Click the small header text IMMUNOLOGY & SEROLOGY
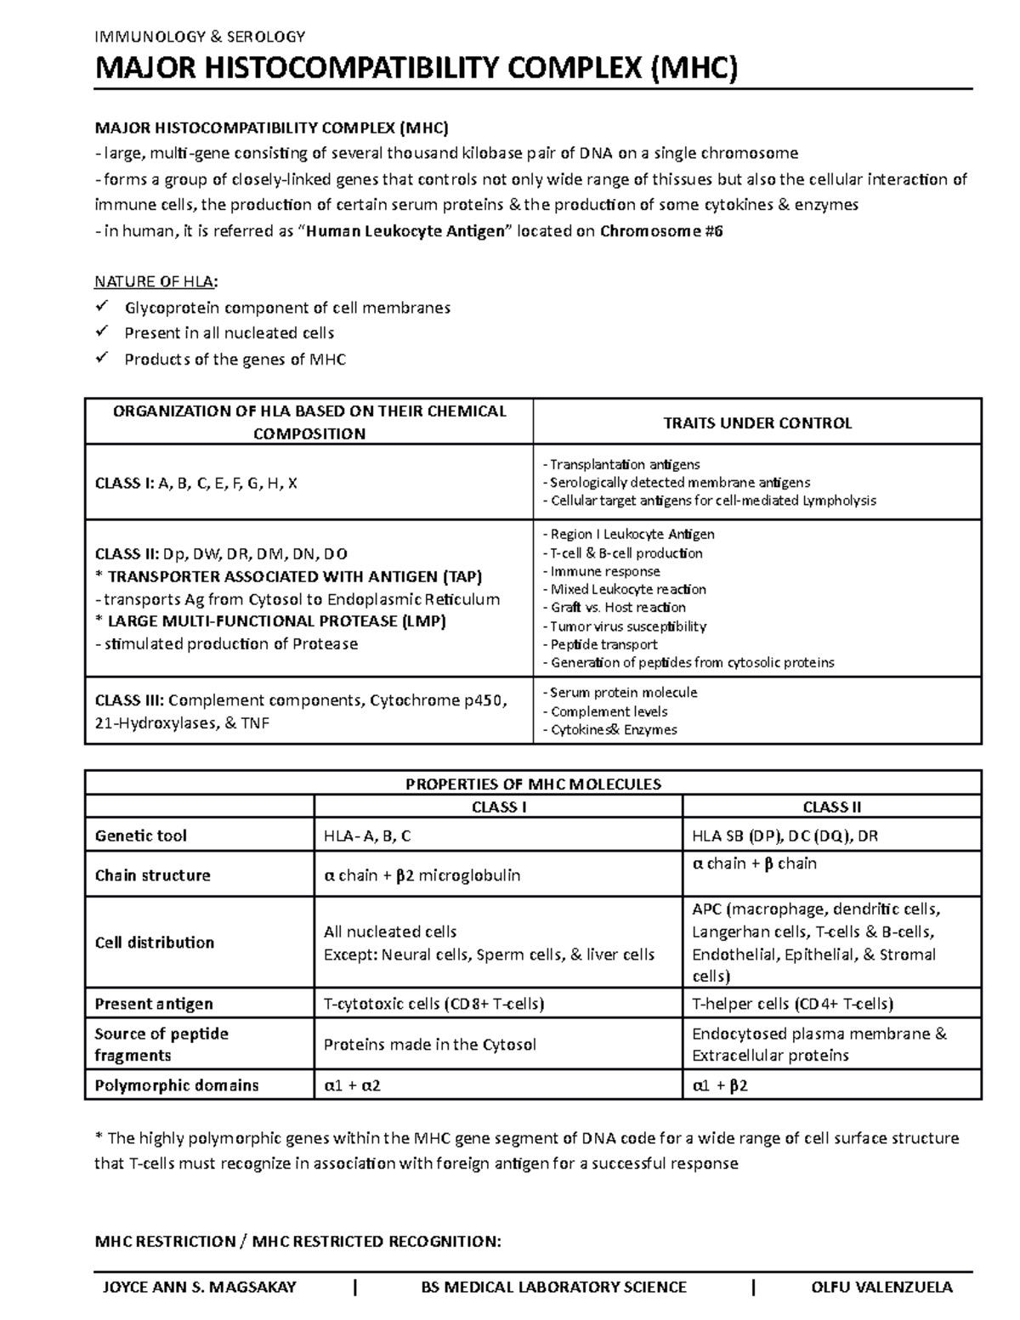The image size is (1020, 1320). point(200,37)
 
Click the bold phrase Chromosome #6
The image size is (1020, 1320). point(661,231)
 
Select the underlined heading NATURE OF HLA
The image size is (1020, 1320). point(156,282)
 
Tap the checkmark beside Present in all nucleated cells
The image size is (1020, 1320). point(103,332)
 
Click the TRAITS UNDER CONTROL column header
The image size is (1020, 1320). point(756,423)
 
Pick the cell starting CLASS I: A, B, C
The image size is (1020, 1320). point(196,483)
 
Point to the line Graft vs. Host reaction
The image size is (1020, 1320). point(618,608)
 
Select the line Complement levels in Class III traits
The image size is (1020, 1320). point(609,711)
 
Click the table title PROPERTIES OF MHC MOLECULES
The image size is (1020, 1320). point(533,784)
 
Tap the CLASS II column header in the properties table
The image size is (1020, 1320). point(832,807)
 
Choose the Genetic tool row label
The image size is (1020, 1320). point(141,836)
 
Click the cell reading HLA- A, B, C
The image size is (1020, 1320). point(367,836)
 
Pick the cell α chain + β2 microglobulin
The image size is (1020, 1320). point(422,875)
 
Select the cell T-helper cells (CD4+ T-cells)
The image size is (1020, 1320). point(792,1004)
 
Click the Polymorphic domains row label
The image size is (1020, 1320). point(177,1085)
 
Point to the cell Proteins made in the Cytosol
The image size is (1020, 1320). point(429,1045)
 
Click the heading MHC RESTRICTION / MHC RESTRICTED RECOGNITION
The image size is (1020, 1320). point(297,1242)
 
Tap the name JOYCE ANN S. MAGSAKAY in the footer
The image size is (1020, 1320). point(199,1287)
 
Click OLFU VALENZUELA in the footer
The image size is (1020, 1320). point(882,1287)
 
